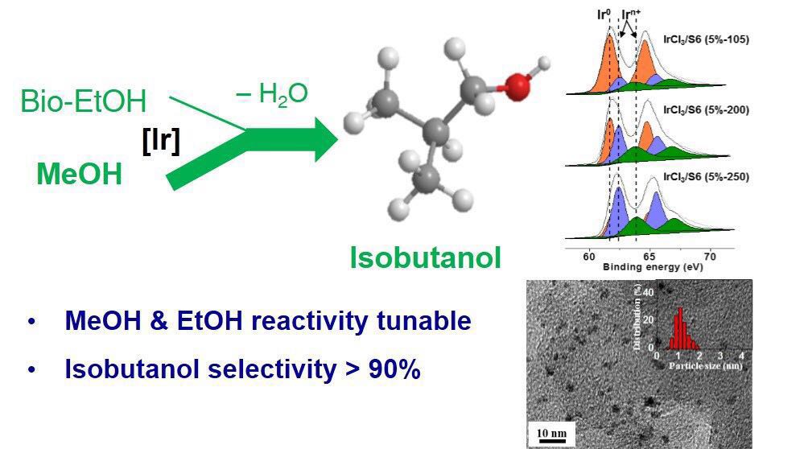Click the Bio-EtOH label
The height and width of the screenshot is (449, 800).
pyautogui.click(x=84, y=102)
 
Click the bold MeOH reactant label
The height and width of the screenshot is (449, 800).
pyautogui.click(x=79, y=174)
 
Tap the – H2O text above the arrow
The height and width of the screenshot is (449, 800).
pyautogui.click(x=271, y=93)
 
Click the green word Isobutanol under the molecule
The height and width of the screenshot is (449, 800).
pyautogui.click(x=425, y=257)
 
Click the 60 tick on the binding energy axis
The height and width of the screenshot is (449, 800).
pyautogui.click(x=588, y=257)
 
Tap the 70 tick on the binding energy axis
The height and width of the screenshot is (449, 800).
pyautogui.click(x=709, y=257)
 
